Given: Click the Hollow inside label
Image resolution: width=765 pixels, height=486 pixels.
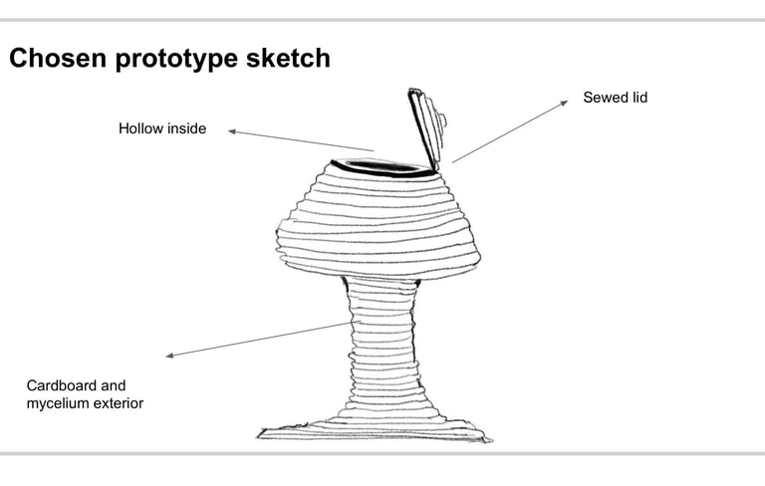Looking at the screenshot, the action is pyautogui.click(x=162, y=128).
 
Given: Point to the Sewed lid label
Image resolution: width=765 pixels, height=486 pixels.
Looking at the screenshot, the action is pyautogui.click(x=615, y=98).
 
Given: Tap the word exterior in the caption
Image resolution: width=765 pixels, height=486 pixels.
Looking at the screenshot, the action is pyautogui.click(x=120, y=403).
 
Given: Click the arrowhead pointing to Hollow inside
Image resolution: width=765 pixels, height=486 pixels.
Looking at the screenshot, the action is pyautogui.click(x=232, y=130).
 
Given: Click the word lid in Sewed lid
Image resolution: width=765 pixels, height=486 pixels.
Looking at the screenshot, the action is pyautogui.click(x=637, y=98).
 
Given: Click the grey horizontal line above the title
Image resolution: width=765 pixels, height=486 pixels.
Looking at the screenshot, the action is pyautogui.click(x=382, y=19).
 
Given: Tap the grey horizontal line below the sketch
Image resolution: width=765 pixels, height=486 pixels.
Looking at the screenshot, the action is pyautogui.click(x=382, y=453).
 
